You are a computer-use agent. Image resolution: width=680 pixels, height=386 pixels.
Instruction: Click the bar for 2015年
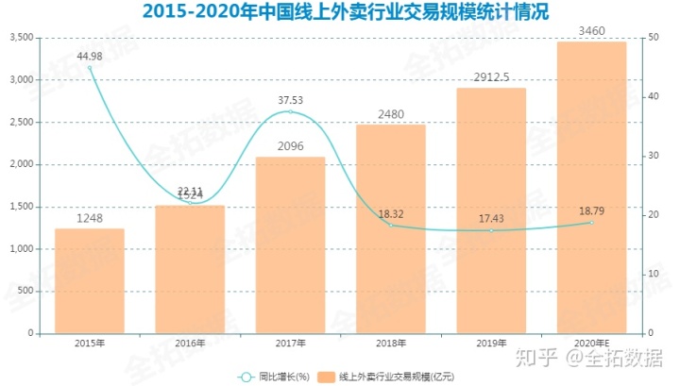click(90, 281)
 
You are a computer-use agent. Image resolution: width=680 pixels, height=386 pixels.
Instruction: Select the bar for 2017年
click(290, 245)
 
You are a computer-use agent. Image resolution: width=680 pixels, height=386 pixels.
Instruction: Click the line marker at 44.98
click(91, 68)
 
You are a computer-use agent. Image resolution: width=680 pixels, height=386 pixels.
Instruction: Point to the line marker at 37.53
click(290, 112)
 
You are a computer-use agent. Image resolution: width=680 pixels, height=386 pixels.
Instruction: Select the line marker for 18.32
click(390, 225)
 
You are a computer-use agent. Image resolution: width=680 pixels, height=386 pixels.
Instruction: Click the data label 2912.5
click(491, 78)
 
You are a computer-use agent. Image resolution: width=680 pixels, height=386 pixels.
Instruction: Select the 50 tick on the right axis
click(654, 38)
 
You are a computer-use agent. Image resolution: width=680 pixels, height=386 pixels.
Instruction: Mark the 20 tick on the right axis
click(654, 215)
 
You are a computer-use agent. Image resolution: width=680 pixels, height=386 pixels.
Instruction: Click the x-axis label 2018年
click(390, 344)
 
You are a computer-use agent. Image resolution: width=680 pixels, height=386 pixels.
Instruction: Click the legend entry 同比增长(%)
click(275, 378)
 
